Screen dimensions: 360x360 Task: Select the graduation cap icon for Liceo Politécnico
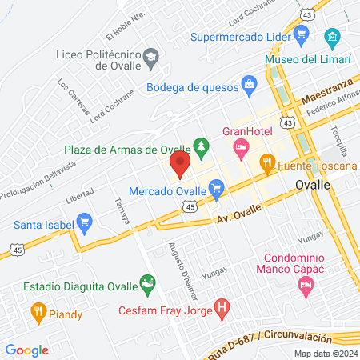coord(150,57)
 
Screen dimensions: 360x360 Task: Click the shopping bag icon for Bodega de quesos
coord(249,83)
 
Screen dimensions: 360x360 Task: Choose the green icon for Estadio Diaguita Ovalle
coord(147,282)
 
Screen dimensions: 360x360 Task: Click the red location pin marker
coord(180,165)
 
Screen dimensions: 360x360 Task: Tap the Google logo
coord(26,350)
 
